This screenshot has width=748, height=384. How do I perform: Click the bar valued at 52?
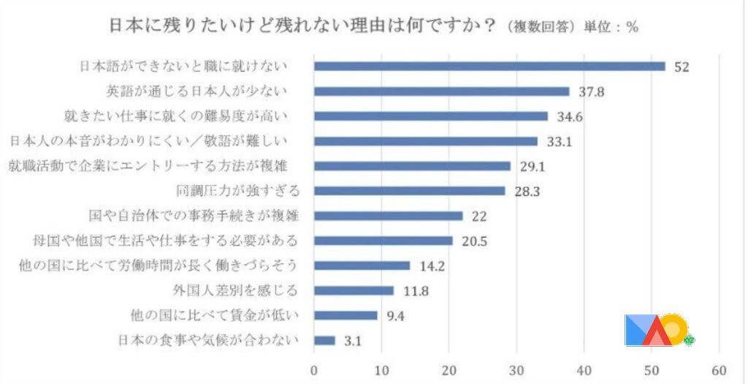pos(489,67)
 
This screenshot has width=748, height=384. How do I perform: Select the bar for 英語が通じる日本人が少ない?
pos(441,91)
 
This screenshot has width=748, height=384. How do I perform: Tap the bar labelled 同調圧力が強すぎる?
pos(409,191)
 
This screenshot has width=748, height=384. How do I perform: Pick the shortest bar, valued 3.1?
pos(324,340)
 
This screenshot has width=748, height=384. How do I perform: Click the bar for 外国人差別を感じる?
pos(354,290)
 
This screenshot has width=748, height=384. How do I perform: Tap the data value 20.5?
pos(473,241)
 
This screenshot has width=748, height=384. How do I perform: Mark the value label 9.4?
pos(394,316)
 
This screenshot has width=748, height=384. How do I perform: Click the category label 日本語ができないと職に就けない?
pos(183,67)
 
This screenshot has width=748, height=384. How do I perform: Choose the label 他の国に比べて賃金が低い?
pos(207,315)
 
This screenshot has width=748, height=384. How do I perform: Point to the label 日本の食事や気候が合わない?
pos(207,340)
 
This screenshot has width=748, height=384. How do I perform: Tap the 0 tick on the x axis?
pos(314,369)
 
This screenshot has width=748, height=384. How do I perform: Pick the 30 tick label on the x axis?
pos(517,369)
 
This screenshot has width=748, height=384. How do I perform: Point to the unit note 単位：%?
pos(612,28)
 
